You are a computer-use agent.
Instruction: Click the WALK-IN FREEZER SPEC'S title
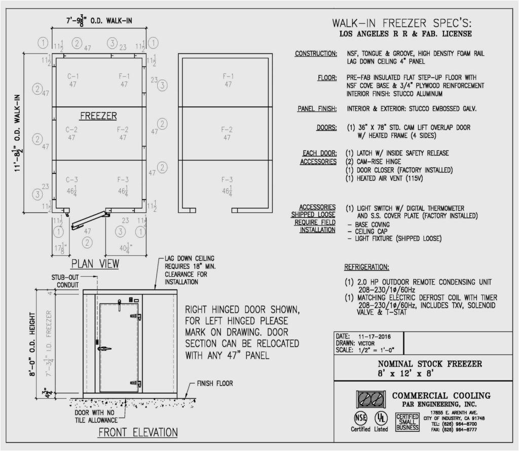[402, 23]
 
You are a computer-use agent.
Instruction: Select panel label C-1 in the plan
[73, 77]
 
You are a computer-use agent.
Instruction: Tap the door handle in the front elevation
[104, 349]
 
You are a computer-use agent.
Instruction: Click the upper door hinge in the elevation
[136, 316]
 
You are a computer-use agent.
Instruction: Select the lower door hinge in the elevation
[136, 383]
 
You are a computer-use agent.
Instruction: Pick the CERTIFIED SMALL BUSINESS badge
[407, 422]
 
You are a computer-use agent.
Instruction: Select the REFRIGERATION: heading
[366, 267]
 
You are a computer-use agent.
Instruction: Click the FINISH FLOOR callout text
[215, 384]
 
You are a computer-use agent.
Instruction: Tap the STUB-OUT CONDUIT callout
[65, 281]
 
